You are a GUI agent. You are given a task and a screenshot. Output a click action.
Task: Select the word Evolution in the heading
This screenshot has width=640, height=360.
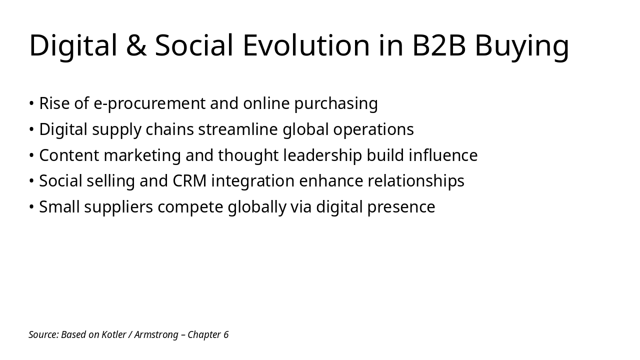(306, 45)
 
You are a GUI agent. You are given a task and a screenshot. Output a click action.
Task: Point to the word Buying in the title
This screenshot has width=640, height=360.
(521, 46)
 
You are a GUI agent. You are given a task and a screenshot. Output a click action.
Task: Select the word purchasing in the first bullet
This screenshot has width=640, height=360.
(335, 103)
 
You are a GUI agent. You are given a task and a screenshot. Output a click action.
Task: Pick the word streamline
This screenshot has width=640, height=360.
(237, 129)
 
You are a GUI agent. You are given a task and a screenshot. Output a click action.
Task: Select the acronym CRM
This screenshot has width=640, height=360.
(189, 181)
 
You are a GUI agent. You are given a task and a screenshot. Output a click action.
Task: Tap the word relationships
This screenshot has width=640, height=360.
(416, 181)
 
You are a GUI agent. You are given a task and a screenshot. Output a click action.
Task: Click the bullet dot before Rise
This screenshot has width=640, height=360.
(31, 103)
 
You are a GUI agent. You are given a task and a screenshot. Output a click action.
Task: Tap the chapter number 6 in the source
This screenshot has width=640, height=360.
(226, 334)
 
